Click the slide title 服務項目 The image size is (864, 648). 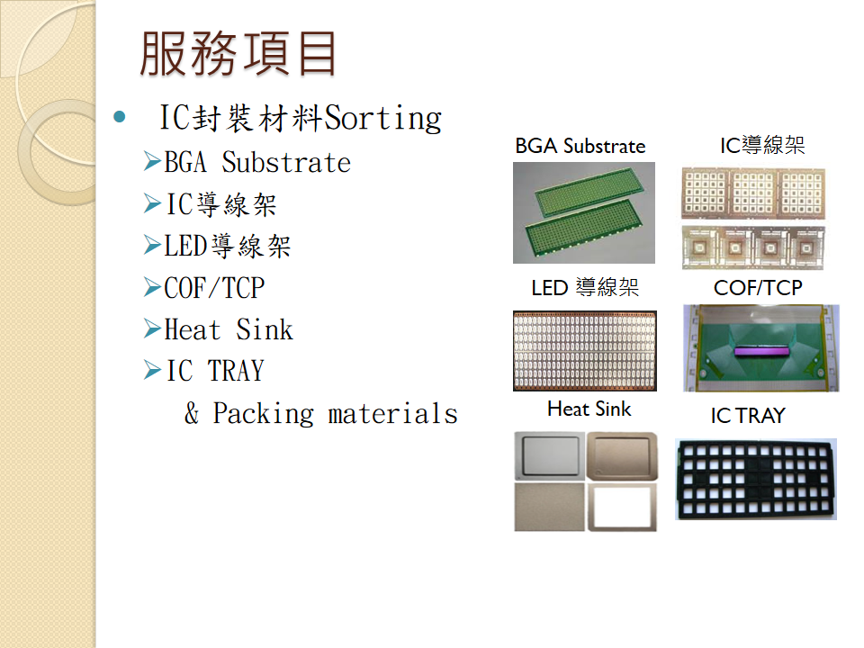coord(238,53)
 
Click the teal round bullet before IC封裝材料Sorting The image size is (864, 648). coord(119,116)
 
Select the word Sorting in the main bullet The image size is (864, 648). coord(383,118)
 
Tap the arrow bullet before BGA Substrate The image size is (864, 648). coord(152,161)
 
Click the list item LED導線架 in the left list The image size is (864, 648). coord(227,245)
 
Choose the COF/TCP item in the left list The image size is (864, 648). coord(214,288)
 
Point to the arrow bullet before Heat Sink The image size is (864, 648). coord(152,328)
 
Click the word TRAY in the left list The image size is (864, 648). coord(236,370)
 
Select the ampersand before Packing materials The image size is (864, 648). coord(192,413)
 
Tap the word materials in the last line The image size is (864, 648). coord(393,414)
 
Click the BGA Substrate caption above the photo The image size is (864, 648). coord(580,146)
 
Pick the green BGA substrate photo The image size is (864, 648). coord(584,212)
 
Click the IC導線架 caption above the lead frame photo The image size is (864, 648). coord(762,145)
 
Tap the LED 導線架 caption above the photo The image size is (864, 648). coord(585,287)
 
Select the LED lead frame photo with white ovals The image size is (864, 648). coord(585,351)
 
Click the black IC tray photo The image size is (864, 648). coord(756,480)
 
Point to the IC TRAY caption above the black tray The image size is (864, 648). coord(748,416)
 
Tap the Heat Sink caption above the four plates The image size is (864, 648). coord(589,409)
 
